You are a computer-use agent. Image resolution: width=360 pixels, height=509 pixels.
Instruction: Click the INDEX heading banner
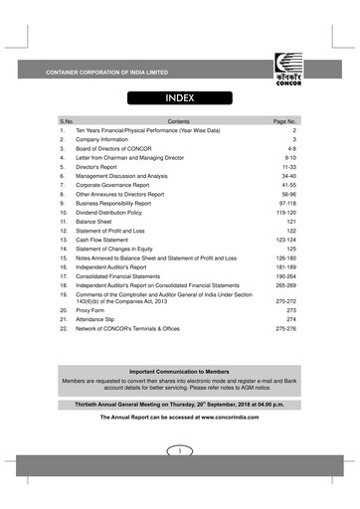[x=179, y=98]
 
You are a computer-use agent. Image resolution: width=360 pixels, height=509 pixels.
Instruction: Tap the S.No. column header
[x=68, y=119]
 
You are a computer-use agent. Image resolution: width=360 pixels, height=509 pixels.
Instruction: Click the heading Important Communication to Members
[x=180, y=370]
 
